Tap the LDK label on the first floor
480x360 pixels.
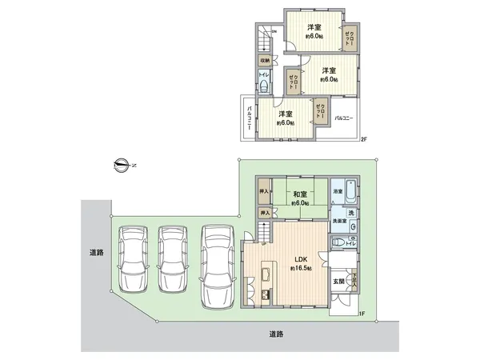tap(301, 259)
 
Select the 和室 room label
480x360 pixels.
tap(301, 194)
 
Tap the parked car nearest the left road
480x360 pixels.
tap(131, 260)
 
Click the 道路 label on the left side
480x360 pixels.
tap(97, 253)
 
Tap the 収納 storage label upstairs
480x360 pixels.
tap(264, 61)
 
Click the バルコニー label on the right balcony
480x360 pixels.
tap(343, 118)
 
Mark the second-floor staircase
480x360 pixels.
tap(262, 38)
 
